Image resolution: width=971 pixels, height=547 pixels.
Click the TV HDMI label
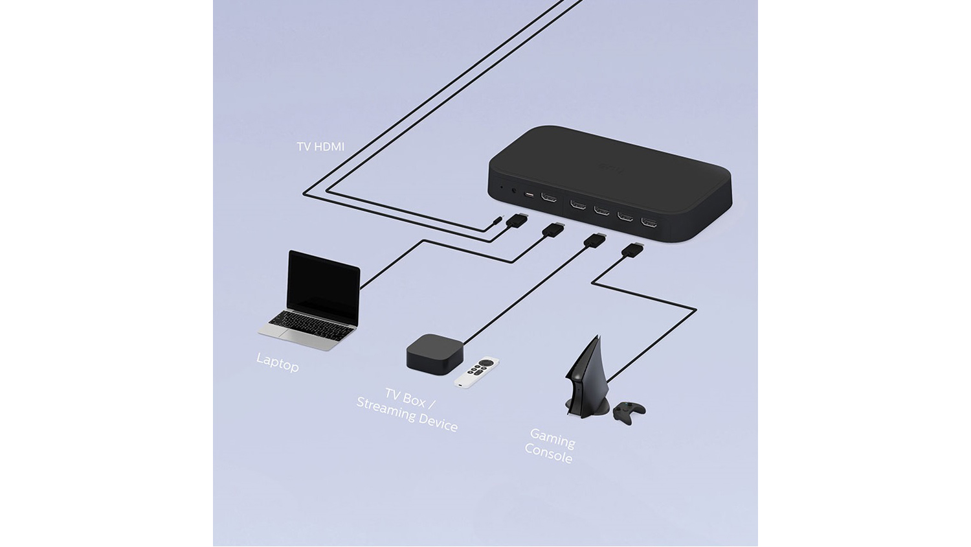tap(320, 146)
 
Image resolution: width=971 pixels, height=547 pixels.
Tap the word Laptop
tap(278, 362)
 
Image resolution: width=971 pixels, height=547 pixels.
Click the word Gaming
tap(553, 439)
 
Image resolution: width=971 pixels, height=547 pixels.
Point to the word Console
tap(548, 454)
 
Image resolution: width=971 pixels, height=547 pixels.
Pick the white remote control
tap(476, 372)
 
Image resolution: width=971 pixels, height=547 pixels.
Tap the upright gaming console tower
tap(586, 386)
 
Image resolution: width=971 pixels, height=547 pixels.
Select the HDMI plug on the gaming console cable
tap(632, 250)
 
